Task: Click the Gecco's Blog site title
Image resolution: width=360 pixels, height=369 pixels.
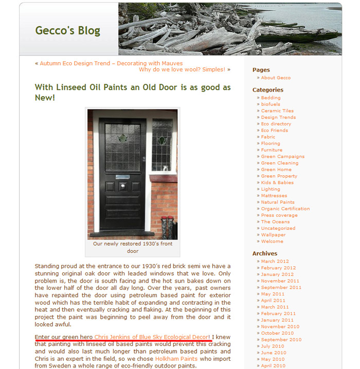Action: coord(67,30)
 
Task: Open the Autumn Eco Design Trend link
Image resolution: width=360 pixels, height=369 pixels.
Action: coord(111,63)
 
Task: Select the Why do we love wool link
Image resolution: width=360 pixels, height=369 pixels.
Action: coord(182,69)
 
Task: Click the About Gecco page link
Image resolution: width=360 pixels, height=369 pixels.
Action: coord(276,78)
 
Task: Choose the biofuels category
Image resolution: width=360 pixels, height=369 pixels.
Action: coord(271,104)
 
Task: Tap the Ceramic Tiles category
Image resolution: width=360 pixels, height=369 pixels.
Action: coord(277,111)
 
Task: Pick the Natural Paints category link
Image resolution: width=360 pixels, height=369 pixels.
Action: coord(278,202)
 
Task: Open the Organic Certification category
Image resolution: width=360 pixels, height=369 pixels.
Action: coord(285,209)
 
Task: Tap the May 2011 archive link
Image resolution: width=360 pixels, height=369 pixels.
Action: coord(273,294)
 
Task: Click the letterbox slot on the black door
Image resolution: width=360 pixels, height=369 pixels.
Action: coord(123,177)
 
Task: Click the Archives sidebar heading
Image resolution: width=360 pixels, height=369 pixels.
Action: coord(264,253)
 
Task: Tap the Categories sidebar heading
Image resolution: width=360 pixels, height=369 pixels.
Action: coord(267,90)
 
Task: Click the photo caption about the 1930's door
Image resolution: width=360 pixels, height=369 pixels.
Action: coord(133,247)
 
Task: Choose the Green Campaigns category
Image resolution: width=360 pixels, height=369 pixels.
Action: coord(282,157)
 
